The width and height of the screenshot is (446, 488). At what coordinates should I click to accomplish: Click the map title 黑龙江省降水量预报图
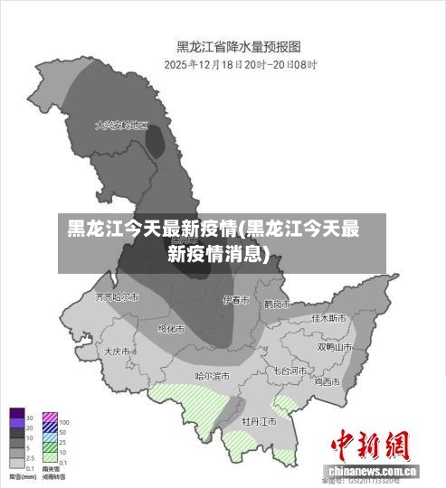[x=238, y=45]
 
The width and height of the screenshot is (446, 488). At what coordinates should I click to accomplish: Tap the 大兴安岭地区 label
[x=121, y=126]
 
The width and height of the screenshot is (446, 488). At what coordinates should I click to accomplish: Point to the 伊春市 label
[x=236, y=300]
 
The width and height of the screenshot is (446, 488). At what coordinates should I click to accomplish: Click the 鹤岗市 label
[x=277, y=305]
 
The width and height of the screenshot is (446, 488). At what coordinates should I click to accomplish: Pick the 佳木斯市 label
[x=328, y=318]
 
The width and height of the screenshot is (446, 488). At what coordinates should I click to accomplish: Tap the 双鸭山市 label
[x=335, y=346]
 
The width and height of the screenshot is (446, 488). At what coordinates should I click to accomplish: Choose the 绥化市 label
[x=171, y=329]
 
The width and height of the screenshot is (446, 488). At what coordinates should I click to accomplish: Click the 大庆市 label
[x=118, y=351]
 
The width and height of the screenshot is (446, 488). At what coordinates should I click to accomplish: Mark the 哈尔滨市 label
[x=213, y=375]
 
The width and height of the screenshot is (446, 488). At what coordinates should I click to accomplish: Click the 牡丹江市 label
[x=259, y=421]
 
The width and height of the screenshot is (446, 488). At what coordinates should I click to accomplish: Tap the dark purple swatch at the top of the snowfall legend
[x=17, y=418]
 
